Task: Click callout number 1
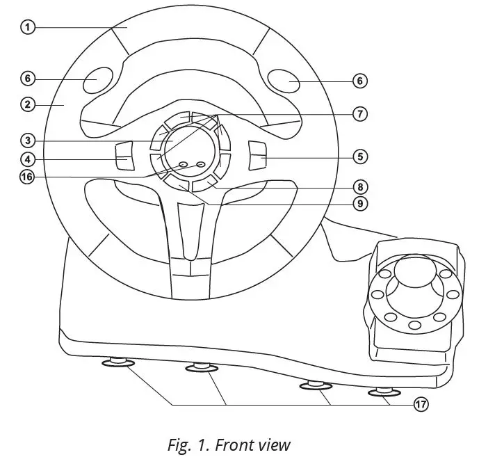(x=27, y=28)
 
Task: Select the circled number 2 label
(x=27, y=105)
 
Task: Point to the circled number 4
(x=27, y=159)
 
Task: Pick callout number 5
(x=359, y=157)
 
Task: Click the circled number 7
(x=359, y=114)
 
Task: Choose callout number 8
(x=359, y=187)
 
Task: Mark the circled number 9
(x=359, y=204)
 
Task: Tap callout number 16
(x=27, y=177)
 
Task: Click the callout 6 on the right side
(x=359, y=81)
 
